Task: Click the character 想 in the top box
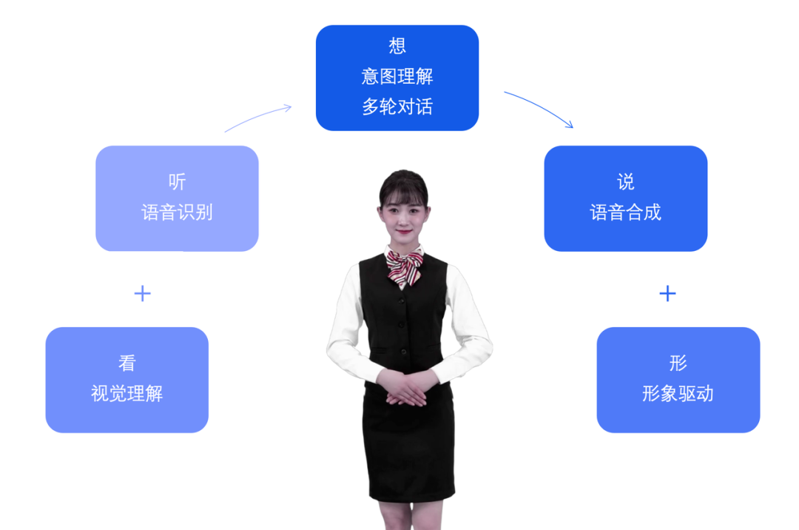coord(397,46)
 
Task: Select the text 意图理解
coord(397,76)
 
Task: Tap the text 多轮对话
coord(397,107)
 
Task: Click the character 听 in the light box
coord(178,181)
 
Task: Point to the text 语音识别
coord(178,212)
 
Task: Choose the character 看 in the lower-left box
coord(127,363)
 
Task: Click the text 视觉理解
coord(127,393)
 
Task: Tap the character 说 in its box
coord(626,181)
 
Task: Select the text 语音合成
coord(626,212)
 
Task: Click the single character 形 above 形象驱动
coord(678,363)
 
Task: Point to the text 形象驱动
coord(678,393)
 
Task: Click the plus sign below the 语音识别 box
coord(143,294)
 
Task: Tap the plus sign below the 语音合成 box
coord(667,294)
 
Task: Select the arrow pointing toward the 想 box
coord(257,116)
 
